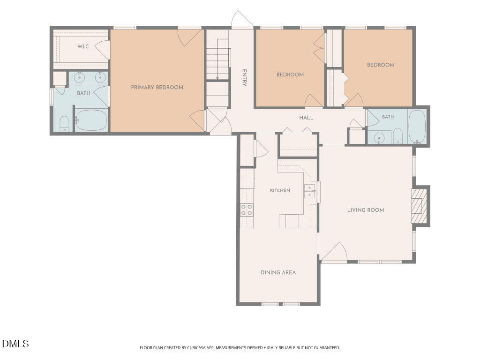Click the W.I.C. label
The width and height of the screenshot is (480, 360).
coord(83,46)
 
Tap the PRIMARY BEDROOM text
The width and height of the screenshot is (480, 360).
coord(157,87)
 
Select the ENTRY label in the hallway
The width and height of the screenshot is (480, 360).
coord(244,78)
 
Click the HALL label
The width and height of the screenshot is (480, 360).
coord(306,118)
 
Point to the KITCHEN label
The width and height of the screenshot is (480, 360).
coord(280,190)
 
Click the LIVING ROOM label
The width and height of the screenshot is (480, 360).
coord(366,210)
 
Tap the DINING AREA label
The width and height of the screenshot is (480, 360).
coord(278,272)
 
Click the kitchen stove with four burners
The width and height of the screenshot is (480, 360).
coord(247,210)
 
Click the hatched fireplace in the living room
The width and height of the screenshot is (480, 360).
coord(419,206)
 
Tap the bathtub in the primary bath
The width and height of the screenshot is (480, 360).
coord(91,120)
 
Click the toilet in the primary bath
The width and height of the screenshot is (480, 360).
coord(64,124)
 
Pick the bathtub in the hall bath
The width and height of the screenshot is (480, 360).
coord(417,127)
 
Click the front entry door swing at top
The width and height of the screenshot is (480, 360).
coord(242,19)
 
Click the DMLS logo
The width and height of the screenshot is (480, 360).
coord(15,344)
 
